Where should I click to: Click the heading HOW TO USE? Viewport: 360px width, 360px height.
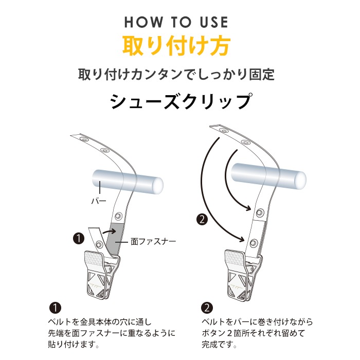click(176, 22)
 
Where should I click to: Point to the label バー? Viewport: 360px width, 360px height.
click(99, 202)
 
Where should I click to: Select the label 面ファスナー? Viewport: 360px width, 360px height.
click(153, 241)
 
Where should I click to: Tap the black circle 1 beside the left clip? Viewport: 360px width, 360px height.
click(79, 239)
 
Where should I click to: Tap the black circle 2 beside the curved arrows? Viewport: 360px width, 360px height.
click(202, 220)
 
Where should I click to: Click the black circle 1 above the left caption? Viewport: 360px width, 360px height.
click(56, 308)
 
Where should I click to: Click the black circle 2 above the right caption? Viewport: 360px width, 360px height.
click(207, 308)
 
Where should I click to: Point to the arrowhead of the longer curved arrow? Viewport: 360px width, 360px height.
click(242, 239)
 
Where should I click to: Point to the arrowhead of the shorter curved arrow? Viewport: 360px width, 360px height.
click(248, 208)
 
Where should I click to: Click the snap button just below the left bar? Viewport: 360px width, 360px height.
click(118, 215)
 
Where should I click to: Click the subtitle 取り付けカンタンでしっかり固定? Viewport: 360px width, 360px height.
click(176, 74)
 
